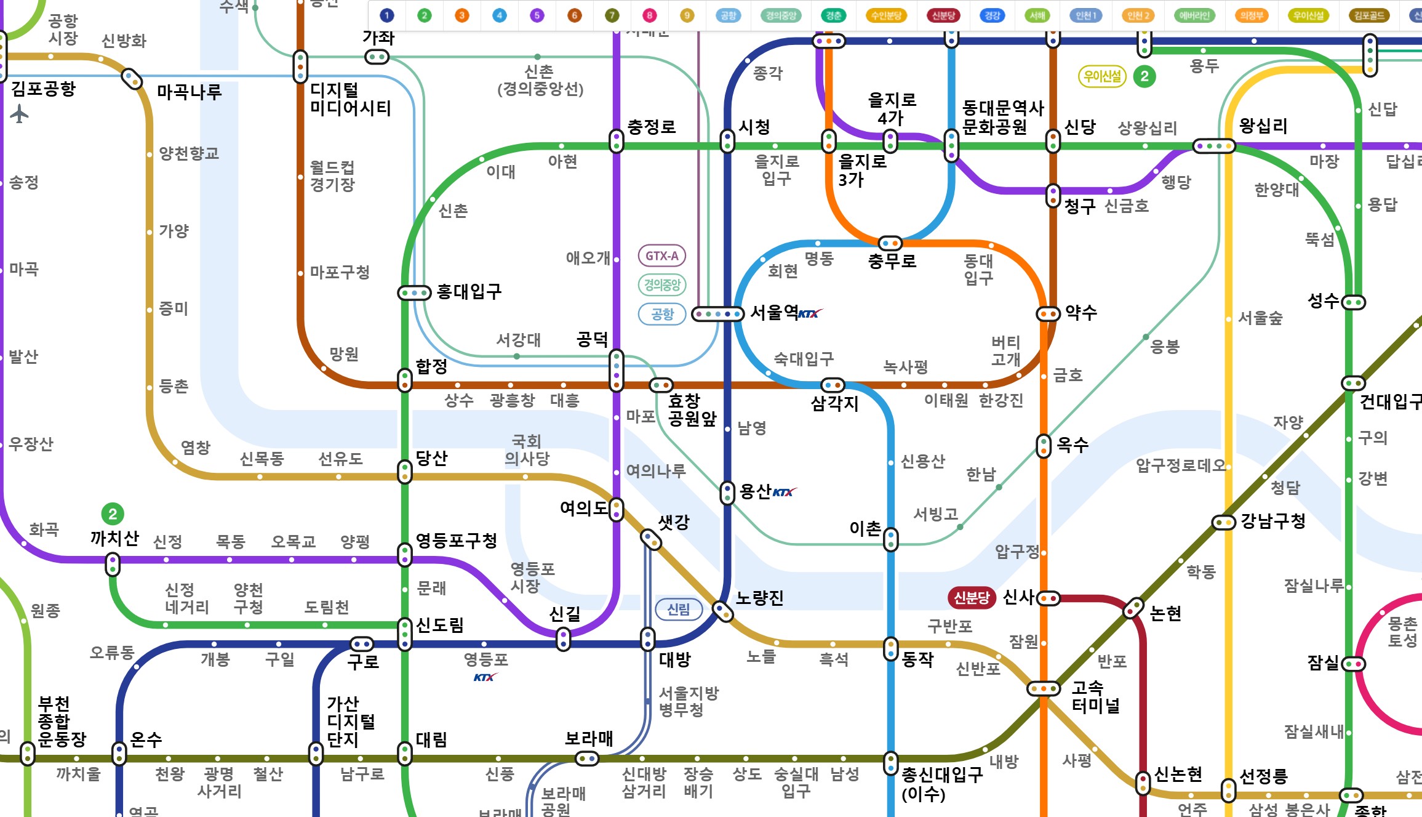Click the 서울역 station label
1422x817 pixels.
[x=774, y=313]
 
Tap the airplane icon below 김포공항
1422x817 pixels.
[x=20, y=113]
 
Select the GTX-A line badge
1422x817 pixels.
[x=661, y=256]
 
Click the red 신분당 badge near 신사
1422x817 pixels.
[x=971, y=597]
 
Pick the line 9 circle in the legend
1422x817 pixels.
[x=687, y=15]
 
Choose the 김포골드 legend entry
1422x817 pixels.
[x=1369, y=15]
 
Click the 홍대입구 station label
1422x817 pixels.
[x=469, y=292]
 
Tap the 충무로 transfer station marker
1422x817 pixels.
[x=890, y=243]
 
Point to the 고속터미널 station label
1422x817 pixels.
[x=1095, y=696]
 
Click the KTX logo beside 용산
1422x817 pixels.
[x=784, y=492]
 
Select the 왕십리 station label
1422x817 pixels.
[x=1263, y=126]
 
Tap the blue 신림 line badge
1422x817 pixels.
[x=678, y=609]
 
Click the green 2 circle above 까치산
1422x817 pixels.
[x=113, y=514]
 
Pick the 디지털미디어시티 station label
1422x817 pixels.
[x=350, y=99]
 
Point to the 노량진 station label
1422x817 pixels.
[x=759, y=598]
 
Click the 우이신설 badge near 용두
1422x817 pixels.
[x=1102, y=76]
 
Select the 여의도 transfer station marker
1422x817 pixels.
[x=616, y=509]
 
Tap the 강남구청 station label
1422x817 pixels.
[x=1273, y=521]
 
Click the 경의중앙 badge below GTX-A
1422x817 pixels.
[x=661, y=284]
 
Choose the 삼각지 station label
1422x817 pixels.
[x=834, y=404]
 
